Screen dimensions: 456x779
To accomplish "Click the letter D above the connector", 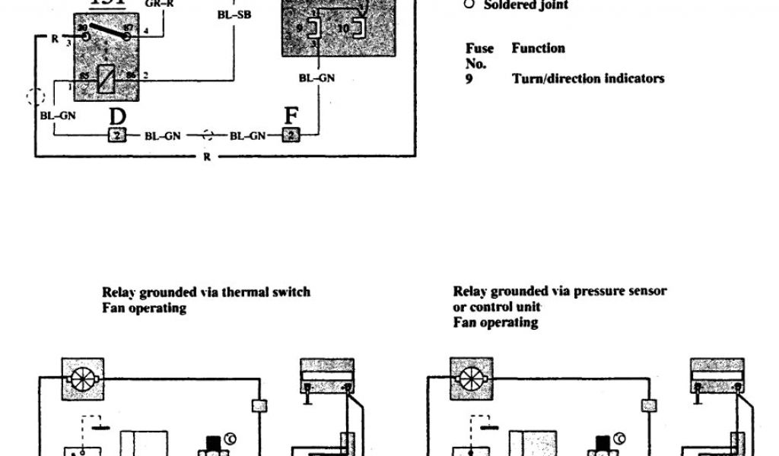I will coord(117,118).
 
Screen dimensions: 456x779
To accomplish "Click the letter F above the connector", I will coord(291,118).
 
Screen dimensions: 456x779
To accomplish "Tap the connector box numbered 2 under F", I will coord(290,136).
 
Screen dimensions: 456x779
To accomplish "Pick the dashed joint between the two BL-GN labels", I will coord(205,136).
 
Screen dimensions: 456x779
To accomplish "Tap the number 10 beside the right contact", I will coord(343,28).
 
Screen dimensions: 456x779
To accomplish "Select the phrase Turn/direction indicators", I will coord(587,78).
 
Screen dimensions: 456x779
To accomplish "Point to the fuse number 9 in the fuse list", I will coord(469,78).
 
